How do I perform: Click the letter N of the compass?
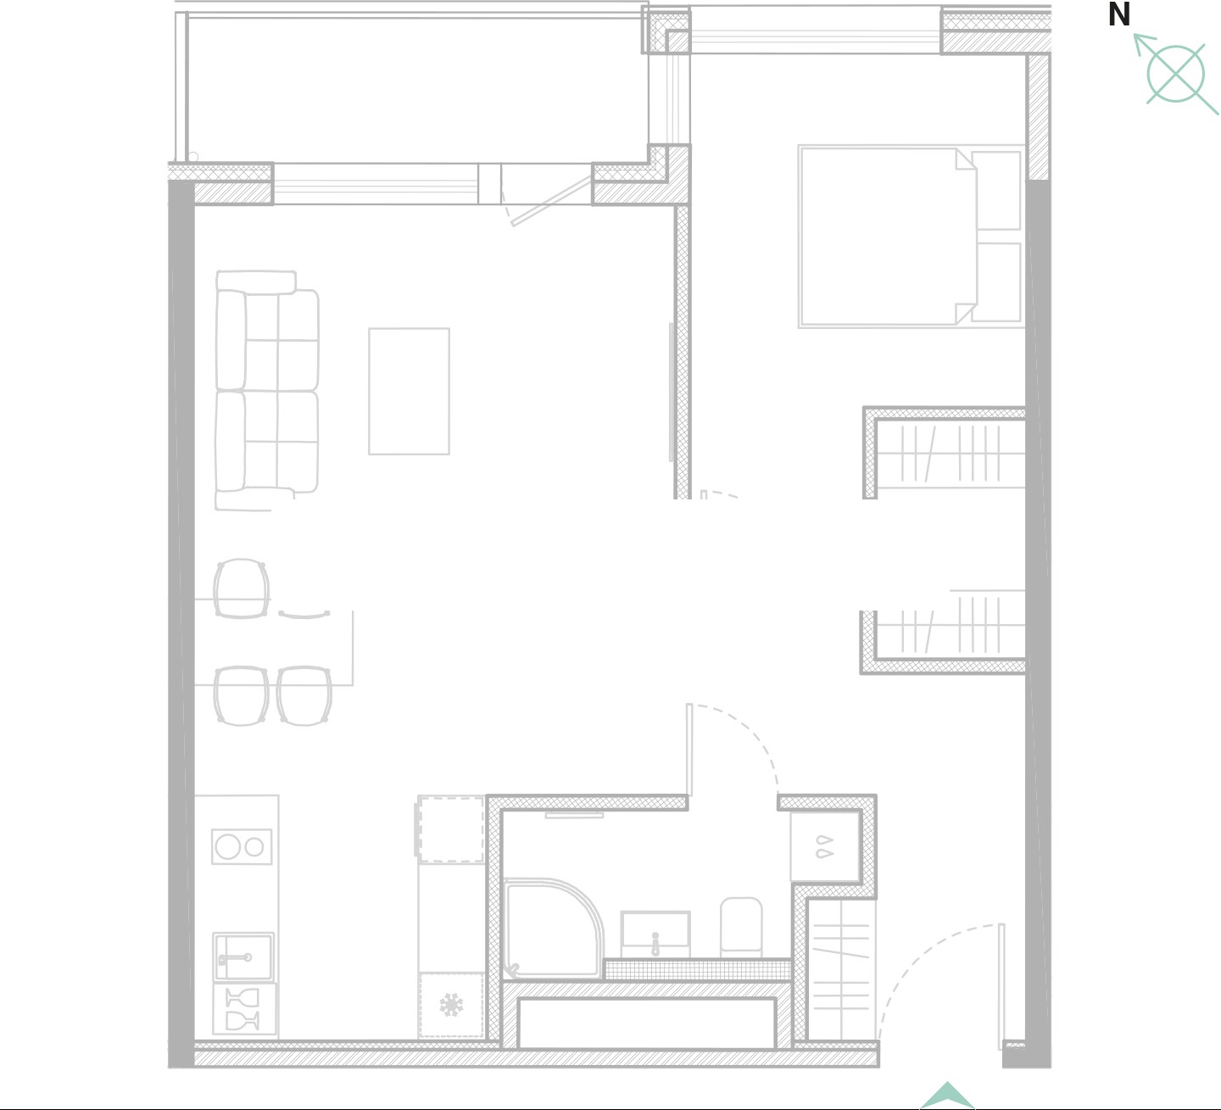coord(1118,14)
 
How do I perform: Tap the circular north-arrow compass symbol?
coord(1175,74)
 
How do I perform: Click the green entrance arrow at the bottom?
coord(947,1096)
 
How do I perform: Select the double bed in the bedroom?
coord(888,237)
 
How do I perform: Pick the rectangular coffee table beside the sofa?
coord(409,391)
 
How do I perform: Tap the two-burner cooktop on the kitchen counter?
coord(242,846)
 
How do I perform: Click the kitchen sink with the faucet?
coord(243,957)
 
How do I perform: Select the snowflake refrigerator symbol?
coord(451,1005)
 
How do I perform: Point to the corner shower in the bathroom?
coord(552,929)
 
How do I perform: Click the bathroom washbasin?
coord(655,934)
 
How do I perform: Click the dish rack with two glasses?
coord(244,1009)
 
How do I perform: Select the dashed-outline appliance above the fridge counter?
coord(450,829)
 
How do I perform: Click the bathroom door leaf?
coord(689,750)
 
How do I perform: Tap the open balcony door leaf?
coord(551,201)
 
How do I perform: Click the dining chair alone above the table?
coord(241,588)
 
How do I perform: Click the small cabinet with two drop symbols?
coord(825,847)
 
